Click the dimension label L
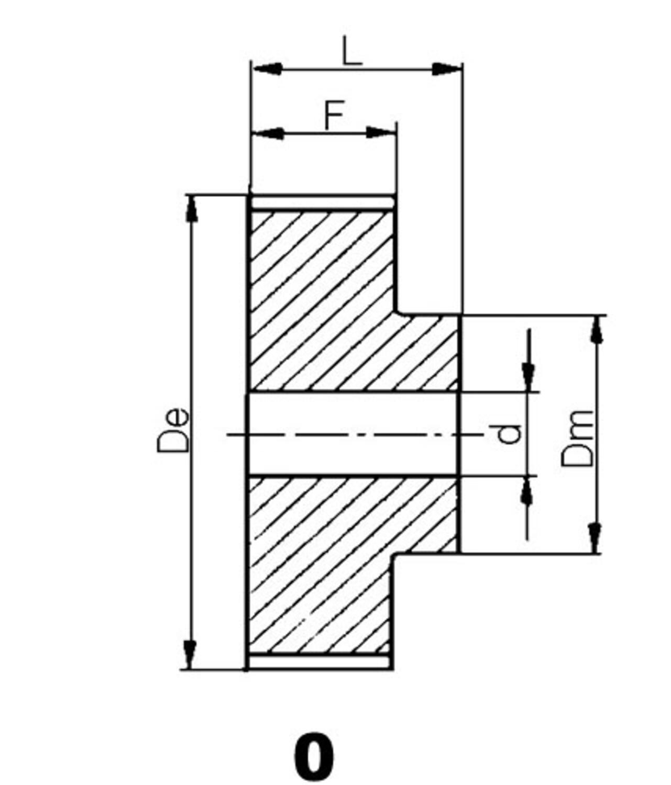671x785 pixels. click(352, 51)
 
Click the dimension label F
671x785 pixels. click(334, 116)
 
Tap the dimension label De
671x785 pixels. click(173, 429)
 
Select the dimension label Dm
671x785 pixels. click(578, 439)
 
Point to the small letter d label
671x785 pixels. click(509, 433)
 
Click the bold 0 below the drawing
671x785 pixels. click(313, 757)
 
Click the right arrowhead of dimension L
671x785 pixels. click(446, 69)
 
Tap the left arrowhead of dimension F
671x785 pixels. click(268, 133)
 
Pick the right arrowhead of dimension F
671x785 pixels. click(380, 132)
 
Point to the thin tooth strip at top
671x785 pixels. click(322, 202)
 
